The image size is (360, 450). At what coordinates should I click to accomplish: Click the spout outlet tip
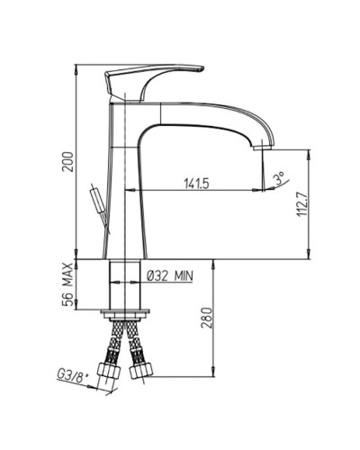pyautogui.click(x=264, y=144)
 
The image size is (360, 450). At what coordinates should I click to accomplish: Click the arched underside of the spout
pyautogui.click(x=198, y=126)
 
